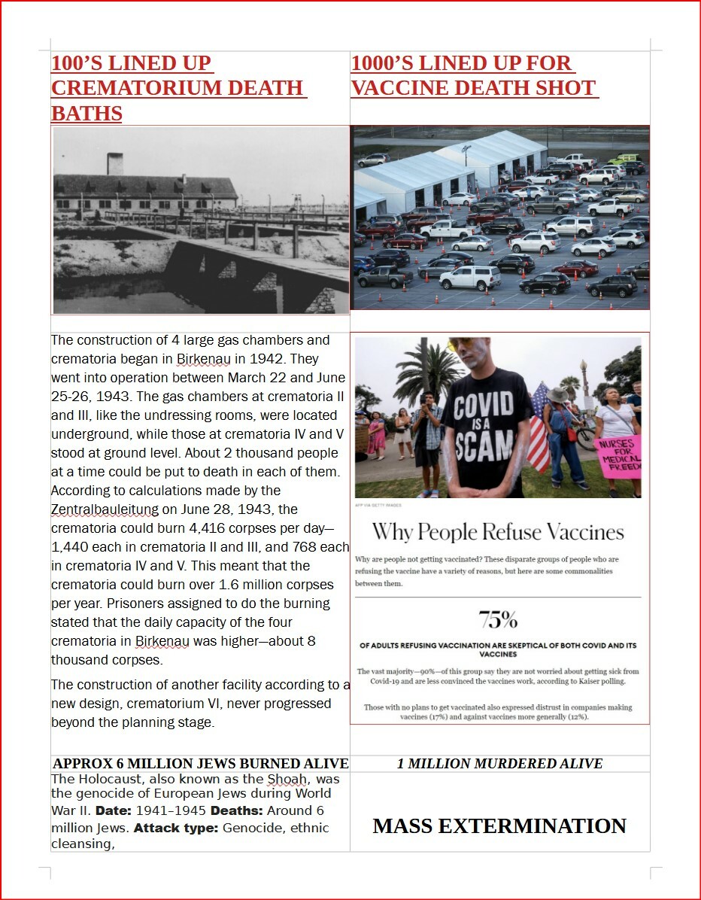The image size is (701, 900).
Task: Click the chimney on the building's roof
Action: [x=114, y=163]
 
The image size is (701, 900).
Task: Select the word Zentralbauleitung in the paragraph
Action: [x=105, y=509]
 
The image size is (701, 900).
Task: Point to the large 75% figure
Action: [x=498, y=620]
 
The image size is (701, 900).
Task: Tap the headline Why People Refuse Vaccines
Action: [x=498, y=533]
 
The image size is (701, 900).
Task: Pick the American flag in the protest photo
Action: [x=539, y=429]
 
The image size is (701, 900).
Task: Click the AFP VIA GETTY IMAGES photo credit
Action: [x=375, y=505]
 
